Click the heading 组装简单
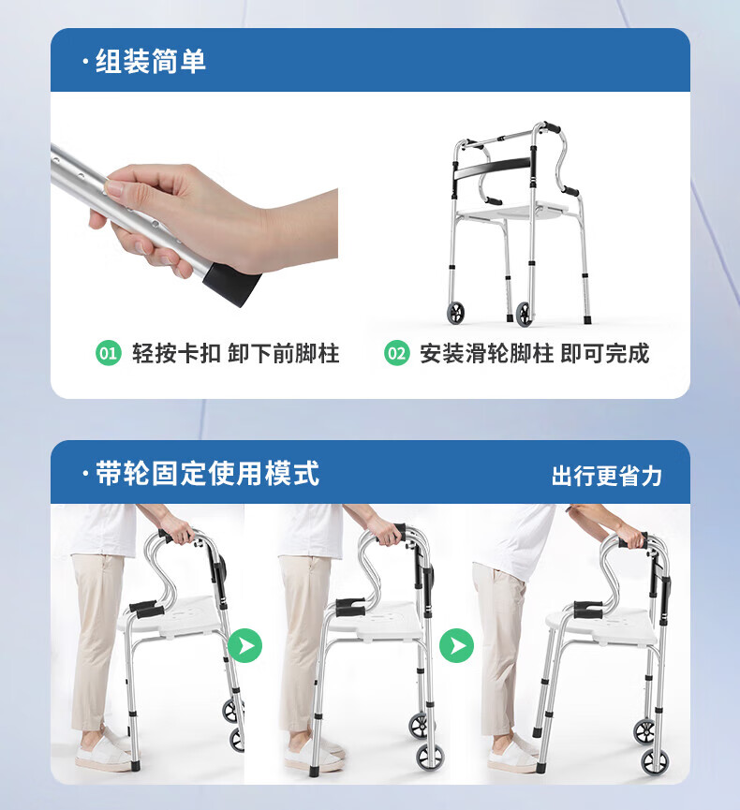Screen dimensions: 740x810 pos(151,62)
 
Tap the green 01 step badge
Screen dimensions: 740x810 pos(109,353)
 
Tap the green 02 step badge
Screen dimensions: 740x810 pos(397,353)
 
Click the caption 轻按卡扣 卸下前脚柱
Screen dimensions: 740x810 pos(236,354)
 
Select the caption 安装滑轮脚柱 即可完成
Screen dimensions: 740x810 pos(534,354)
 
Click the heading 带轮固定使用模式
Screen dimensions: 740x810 pos(207,474)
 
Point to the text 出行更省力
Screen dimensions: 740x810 pos(607,476)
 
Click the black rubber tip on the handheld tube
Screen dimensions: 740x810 pos(232,283)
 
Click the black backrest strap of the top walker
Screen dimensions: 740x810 pos(493,169)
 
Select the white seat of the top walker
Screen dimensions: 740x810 pos(512,212)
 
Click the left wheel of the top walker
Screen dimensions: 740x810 pos(455,313)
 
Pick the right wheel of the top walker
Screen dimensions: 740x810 pos(524,314)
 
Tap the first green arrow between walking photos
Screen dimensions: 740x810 pos(244,646)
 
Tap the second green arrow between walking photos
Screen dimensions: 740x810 pos(456,646)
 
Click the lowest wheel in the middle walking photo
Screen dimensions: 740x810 pos(430,758)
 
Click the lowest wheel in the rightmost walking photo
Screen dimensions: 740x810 pos(655,761)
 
